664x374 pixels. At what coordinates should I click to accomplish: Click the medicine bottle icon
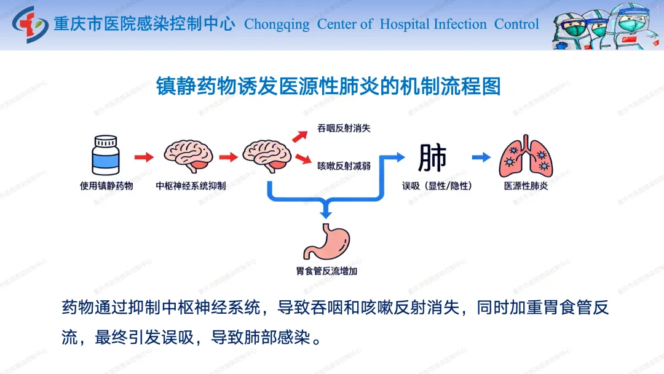click(x=106, y=156)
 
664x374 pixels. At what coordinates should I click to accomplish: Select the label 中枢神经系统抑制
click(x=191, y=185)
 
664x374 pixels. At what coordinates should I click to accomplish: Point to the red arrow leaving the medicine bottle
click(x=144, y=157)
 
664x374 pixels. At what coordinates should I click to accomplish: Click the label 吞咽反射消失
click(x=344, y=129)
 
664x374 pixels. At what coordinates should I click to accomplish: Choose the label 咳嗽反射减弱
click(x=344, y=165)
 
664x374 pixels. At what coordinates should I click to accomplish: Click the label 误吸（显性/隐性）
click(x=437, y=185)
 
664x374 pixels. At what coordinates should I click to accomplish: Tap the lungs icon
click(x=526, y=156)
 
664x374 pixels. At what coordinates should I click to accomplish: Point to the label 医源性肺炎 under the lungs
click(x=526, y=185)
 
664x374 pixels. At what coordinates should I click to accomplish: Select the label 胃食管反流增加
click(x=326, y=270)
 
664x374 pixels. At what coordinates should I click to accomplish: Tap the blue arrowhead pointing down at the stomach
click(x=326, y=212)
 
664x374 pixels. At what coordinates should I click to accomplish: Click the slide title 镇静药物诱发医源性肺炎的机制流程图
click(x=328, y=86)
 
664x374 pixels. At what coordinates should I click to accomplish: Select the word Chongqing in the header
click(x=277, y=25)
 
